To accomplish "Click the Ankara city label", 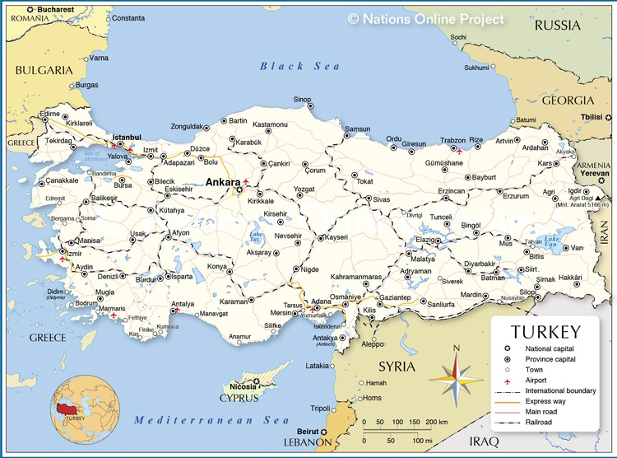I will pos(221,182).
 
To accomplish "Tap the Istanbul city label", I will pos(127,137).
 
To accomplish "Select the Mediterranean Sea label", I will pos(212,420).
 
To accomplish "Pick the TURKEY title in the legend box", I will pos(545,332).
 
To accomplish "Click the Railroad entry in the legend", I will pos(539,423).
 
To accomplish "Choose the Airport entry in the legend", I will pos(538,380).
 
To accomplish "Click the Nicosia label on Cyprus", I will pos(243,386).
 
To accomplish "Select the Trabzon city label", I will pos(452,140).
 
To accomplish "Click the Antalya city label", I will pos(183,304).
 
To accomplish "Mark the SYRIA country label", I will pos(397,366).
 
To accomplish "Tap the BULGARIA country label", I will pos(44,70).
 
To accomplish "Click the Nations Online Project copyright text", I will pos(425,18).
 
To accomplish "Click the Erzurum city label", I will pos(516,196).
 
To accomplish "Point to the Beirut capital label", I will pos(305,431).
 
